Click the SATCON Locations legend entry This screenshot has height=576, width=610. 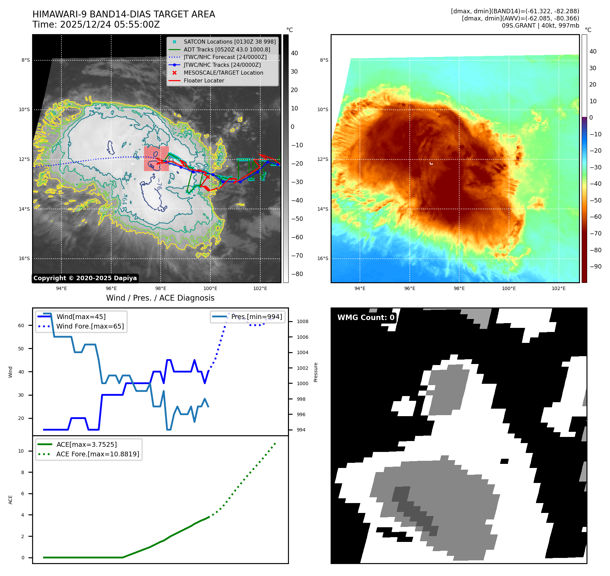[229, 42]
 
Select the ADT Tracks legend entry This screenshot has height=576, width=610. [227, 49]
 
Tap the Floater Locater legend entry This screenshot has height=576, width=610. [204, 80]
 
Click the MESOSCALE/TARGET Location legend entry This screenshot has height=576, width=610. [223, 73]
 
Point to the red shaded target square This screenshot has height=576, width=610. [156, 158]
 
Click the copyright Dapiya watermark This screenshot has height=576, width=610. [85, 278]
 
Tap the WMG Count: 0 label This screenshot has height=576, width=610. [366, 317]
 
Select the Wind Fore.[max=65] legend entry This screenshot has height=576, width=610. [90, 326]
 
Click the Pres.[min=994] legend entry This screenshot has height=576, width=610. [256, 317]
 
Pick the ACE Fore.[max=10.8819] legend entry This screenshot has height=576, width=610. [98, 454]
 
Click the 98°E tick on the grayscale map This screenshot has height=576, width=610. [161, 288]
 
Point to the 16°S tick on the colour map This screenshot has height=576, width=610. [323, 258]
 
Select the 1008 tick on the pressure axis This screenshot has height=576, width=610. [302, 321]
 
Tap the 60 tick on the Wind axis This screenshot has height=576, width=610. [21, 325]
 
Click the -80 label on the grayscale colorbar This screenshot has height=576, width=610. [297, 274]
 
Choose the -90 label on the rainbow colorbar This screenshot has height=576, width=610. [596, 267]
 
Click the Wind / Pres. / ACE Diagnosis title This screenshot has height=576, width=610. [160, 298]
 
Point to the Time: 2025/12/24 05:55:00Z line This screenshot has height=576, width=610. [96, 25]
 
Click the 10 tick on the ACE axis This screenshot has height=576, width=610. [21, 451]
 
